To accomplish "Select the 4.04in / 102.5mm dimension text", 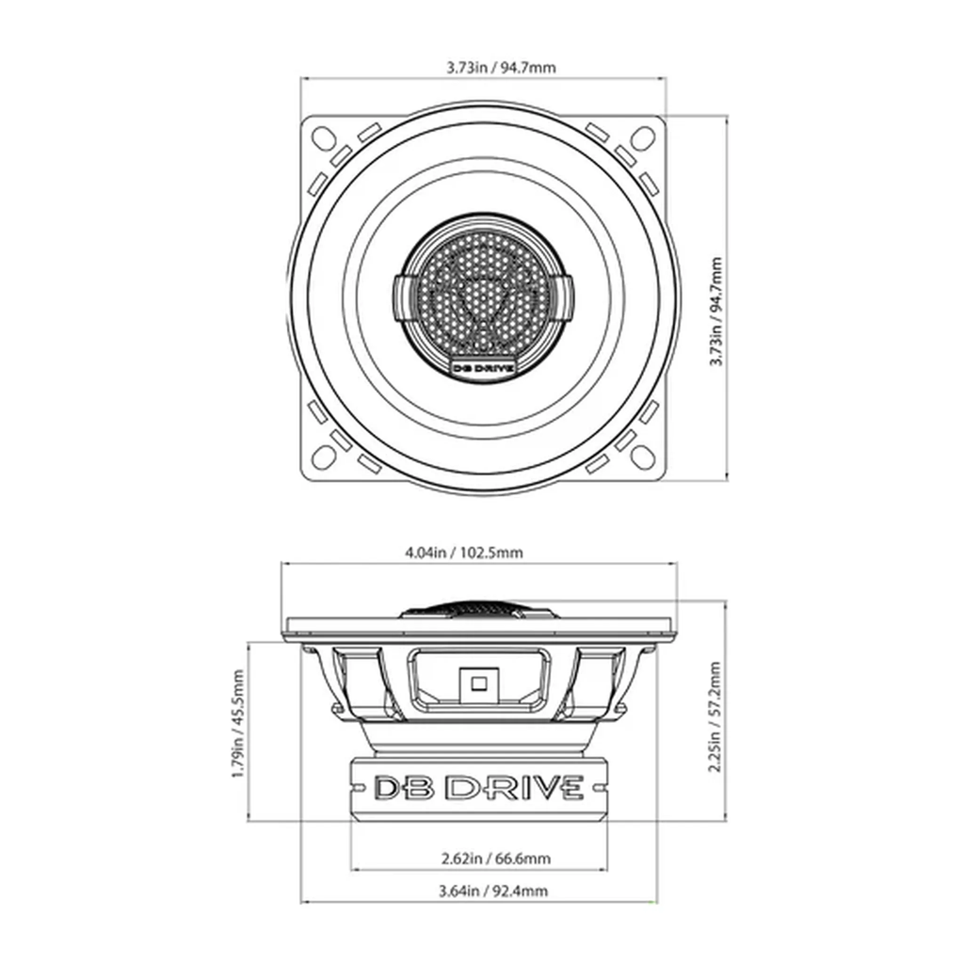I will pos(478,553).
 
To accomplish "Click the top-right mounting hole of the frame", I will pos(646,137).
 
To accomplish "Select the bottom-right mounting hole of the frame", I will pos(646,458).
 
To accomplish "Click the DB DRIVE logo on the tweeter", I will pos(484,369).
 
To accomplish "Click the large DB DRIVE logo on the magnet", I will pos(480,788).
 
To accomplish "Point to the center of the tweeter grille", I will pos(484,297).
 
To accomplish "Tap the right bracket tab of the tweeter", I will pos(568,295).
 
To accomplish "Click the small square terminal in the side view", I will pos(474,682).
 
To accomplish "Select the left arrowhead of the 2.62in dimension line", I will pos(355,869).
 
